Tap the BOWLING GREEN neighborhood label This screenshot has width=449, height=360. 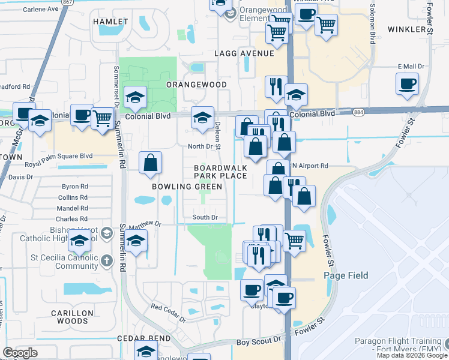click(x=179, y=187)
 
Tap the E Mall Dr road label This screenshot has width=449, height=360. click(x=411, y=67)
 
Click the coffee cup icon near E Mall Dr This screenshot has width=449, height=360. click(x=407, y=84)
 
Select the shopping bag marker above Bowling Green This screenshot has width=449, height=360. click(x=149, y=163)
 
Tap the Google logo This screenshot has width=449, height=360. click(x=20, y=352)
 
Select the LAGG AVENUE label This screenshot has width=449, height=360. click(x=244, y=54)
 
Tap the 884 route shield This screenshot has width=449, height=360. click(x=358, y=112)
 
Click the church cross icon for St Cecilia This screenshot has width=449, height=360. click(x=106, y=260)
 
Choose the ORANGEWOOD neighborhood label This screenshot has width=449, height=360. click(x=196, y=85)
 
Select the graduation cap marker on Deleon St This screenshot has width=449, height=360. click(x=202, y=118)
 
